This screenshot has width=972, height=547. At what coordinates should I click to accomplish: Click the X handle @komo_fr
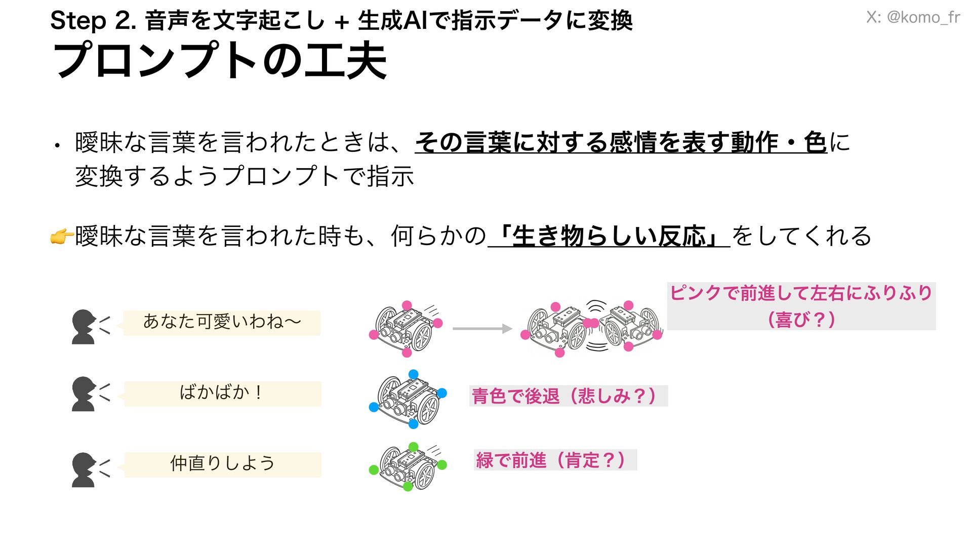[913, 17]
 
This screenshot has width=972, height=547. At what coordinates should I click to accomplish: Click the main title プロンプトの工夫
[220, 61]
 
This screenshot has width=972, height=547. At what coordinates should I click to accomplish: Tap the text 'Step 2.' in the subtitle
[93, 21]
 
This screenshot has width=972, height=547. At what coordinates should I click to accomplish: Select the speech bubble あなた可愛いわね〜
[222, 322]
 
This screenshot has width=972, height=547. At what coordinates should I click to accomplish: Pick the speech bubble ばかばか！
[222, 394]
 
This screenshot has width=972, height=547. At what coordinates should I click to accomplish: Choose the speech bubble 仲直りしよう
[222, 464]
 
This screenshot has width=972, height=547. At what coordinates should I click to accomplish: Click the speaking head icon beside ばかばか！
[85, 394]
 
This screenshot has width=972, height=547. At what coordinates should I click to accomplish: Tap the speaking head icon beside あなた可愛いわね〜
[85, 327]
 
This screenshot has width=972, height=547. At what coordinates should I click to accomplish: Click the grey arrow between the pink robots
[481, 329]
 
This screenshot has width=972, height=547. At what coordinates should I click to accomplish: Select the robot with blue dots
[408, 399]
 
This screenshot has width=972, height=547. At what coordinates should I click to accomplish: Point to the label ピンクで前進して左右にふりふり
[801, 293]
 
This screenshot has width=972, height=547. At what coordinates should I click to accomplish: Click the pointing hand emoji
[62, 237]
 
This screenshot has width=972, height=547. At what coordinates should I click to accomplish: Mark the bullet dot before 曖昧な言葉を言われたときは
[58, 146]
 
